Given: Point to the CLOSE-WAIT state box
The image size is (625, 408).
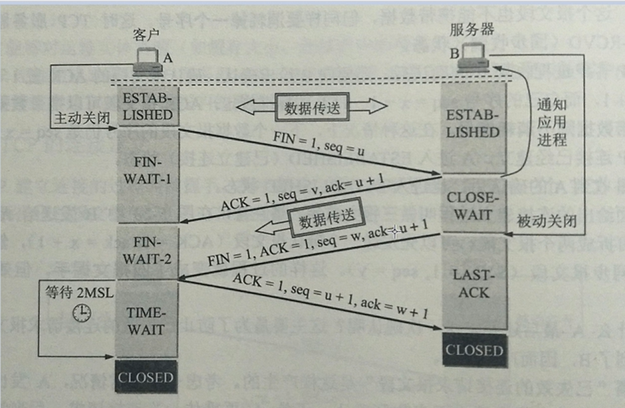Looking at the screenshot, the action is [x=471, y=205].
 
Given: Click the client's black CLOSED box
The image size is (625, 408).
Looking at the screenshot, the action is [x=146, y=378].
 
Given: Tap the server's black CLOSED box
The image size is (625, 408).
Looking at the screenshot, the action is [x=473, y=350].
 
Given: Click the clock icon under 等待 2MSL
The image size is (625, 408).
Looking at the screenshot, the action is [x=81, y=312].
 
